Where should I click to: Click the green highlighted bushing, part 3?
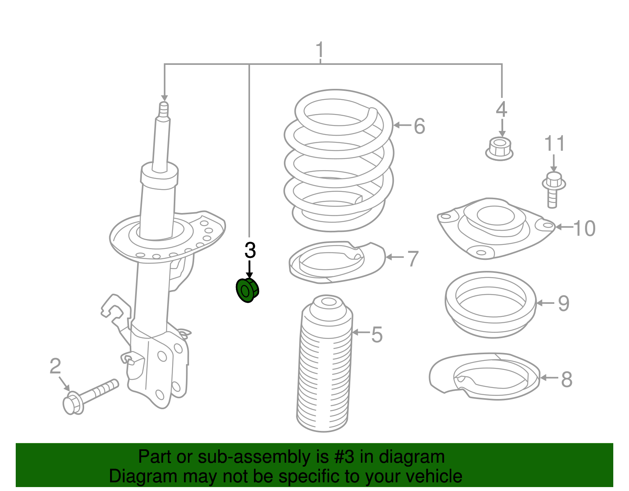pos(247,290)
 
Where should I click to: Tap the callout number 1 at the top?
pos(320,50)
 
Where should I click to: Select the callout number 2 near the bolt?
pos(55,366)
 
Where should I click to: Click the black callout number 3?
pos(250,250)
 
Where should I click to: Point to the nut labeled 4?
pos(499,149)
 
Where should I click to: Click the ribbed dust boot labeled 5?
pos(324,366)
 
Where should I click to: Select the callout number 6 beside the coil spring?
pos(419,126)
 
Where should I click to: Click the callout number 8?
pos(566,379)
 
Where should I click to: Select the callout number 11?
pos(554,144)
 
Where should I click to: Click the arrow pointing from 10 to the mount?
pos(564,227)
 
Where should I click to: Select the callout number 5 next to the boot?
pos(377,335)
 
